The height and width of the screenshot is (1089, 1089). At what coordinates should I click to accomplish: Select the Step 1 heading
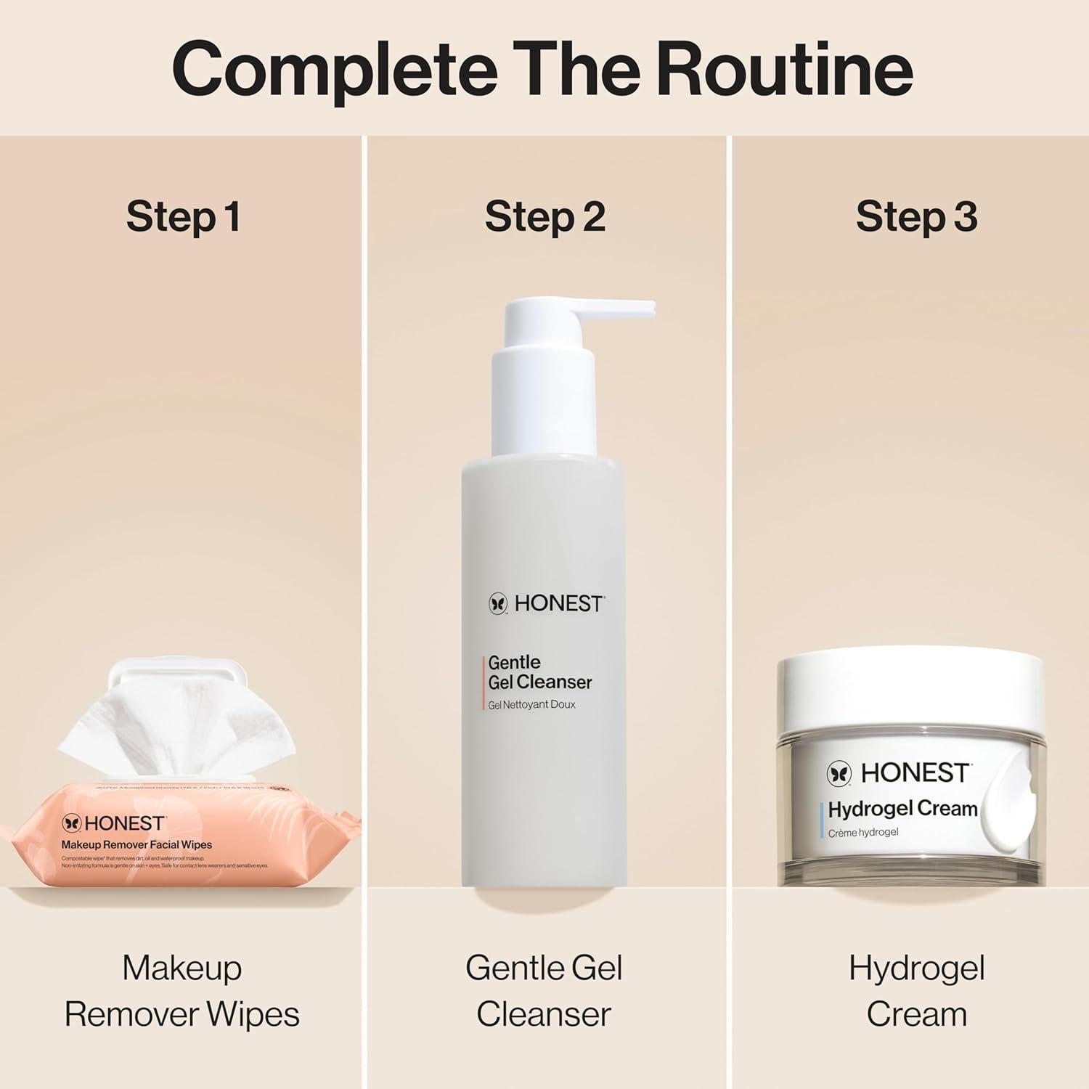183,216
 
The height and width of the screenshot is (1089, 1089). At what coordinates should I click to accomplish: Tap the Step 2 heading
544,216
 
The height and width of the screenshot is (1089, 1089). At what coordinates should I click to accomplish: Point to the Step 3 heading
916,216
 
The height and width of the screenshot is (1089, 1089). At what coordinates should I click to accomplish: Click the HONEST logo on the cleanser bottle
546,603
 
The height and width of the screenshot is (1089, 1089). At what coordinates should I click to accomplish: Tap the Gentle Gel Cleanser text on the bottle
539,672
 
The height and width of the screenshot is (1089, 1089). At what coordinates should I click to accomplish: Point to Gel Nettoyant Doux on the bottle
531,705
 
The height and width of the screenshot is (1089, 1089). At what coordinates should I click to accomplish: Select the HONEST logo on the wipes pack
114,823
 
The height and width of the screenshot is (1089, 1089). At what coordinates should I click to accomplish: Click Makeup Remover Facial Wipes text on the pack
136,845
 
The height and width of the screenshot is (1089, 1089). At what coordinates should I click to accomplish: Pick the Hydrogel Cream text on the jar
902,809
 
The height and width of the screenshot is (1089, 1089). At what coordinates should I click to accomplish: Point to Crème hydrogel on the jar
863,833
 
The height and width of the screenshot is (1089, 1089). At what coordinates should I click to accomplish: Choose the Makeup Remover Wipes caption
181,991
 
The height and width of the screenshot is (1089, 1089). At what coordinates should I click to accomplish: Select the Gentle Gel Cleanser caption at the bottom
544,991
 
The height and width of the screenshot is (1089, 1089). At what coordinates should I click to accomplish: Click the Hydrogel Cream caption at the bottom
916,991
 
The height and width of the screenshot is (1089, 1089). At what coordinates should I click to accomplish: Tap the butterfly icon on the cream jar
839,774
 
